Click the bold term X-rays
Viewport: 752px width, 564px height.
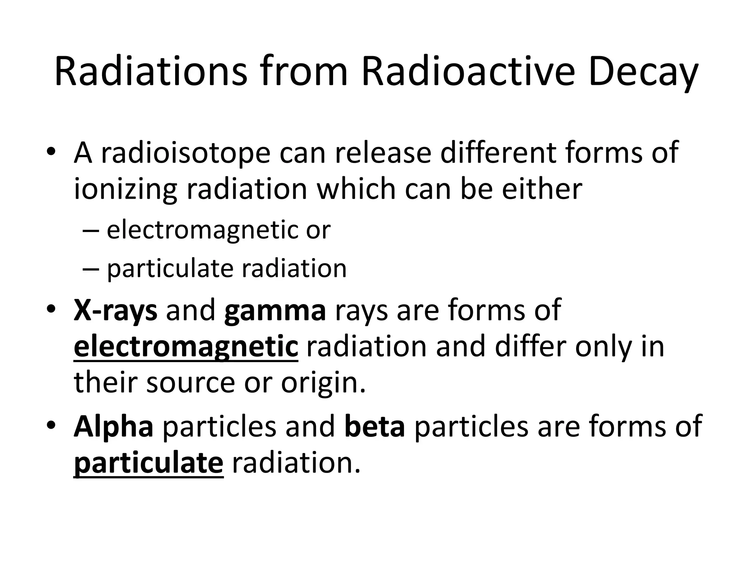(x=115, y=311)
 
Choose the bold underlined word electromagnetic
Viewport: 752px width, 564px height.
(x=186, y=347)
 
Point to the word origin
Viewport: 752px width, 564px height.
(x=323, y=383)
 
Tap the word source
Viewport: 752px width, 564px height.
(x=190, y=383)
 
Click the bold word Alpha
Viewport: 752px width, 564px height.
(x=113, y=426)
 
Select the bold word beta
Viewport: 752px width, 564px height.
(x=375, y=426)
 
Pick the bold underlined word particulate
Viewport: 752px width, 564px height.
(x=148, y=463)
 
